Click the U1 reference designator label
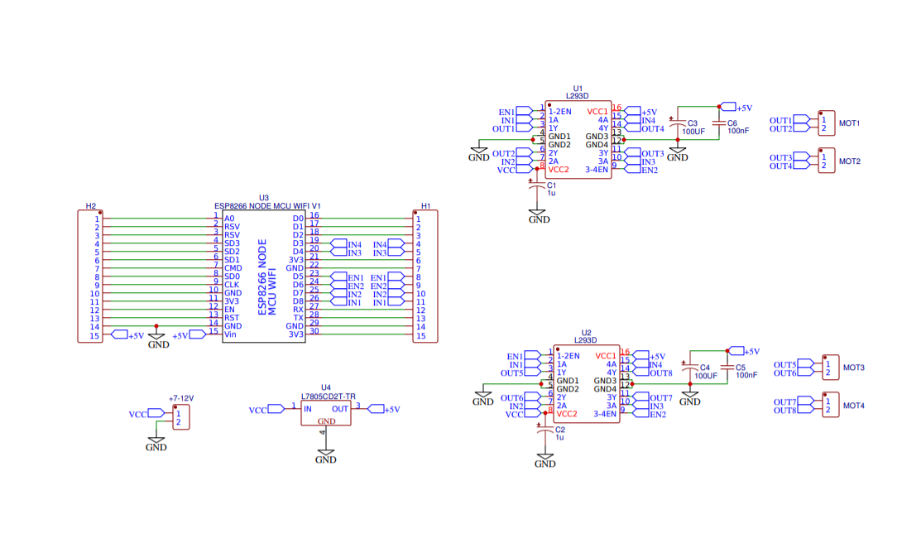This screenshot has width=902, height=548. point(578,88)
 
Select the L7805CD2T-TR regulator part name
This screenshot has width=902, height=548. point(328,397)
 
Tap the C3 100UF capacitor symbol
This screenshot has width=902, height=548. point(678,123)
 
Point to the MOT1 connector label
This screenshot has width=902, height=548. point(850,123)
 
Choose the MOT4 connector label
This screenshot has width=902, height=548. point(853,406)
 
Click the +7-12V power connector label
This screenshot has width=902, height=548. point(180,398)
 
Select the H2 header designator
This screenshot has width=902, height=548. point(91,205)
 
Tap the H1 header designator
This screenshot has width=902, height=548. point(425,205)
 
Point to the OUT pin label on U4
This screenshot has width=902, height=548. point(340,409)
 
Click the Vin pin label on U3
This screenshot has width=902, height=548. point(230,334)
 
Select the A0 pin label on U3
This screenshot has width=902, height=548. point(229,219)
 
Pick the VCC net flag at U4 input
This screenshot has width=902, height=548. point(260,410)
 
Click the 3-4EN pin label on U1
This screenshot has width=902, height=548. point(597,170)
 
